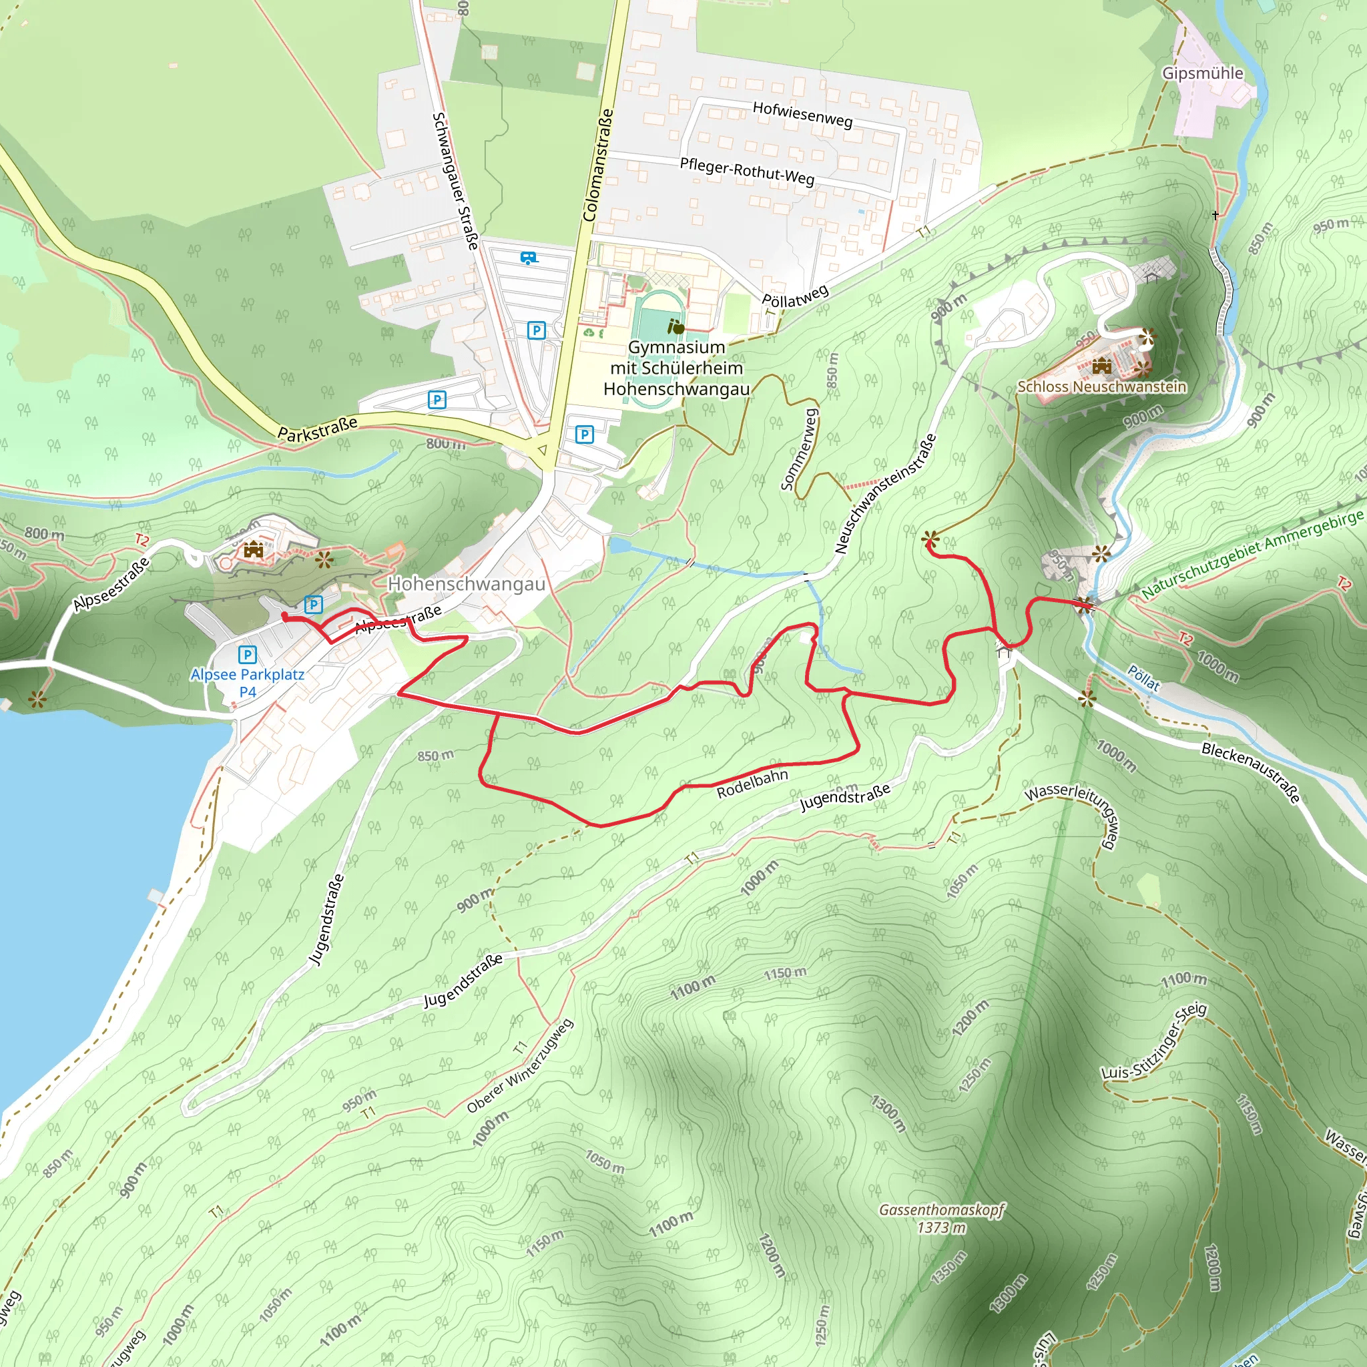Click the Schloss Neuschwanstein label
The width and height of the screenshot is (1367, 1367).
tap(1101, 386)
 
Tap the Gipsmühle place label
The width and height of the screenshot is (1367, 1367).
tap(1202, 73)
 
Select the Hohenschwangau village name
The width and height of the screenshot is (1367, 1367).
tap(467, 584)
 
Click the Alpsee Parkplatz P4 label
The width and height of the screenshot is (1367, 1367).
tap(247, 683)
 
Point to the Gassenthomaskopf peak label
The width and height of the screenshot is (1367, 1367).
tap(941, 1209)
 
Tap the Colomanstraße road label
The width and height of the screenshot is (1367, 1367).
tap(598, 165)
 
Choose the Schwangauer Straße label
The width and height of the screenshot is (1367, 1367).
tap(457, 181)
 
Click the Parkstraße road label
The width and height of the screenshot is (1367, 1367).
tap(317, 429)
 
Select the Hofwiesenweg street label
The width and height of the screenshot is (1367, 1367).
tap(802, 114)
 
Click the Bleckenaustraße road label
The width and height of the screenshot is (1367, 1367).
tap(1250, 772)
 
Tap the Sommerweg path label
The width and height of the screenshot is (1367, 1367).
tap(800, 449)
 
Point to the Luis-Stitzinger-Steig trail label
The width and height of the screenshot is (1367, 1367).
tap(1153, 1041)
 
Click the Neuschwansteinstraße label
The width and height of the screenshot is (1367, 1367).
tap(885, 493)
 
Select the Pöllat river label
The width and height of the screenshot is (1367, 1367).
tap(1143, 678)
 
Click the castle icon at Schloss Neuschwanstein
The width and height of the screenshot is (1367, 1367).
tap(1101, 366)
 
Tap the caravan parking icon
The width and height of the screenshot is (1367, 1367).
tap(529, 258)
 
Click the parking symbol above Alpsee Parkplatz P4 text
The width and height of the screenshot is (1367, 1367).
tap(247, 655)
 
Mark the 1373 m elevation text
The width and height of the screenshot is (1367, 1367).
tap(941, 1227)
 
